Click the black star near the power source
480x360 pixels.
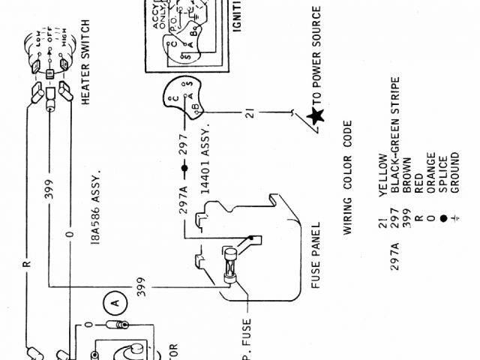coord(316,116)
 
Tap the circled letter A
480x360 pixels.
coord(115,303)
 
